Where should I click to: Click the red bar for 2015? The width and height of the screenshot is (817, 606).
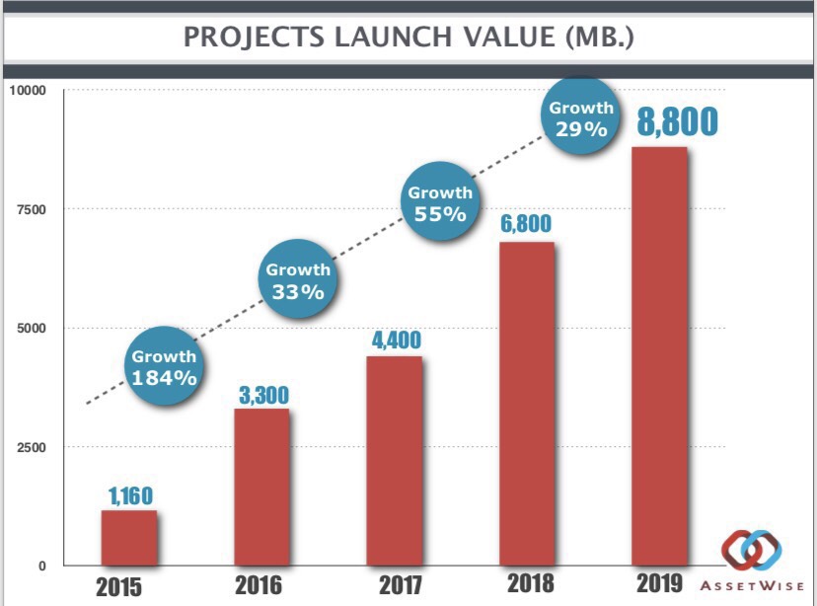point(128,538)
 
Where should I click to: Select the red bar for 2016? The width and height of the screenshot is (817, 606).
point(261,487)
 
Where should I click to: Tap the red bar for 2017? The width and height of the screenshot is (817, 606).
point(395,461)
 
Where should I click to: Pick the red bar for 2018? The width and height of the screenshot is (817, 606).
point(527,404)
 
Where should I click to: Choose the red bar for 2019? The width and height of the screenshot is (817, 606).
point(659,356)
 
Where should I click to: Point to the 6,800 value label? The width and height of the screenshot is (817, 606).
point(526,224)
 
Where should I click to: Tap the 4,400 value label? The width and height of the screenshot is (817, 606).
point(396,340)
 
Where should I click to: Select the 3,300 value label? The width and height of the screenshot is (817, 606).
point(263,394)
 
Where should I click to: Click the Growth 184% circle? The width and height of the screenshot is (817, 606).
point(165,366)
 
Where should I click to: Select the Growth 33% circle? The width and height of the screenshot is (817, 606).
point(298,280)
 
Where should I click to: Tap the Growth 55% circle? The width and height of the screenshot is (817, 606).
point(440,202)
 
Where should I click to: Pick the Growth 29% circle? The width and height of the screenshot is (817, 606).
point(581,117)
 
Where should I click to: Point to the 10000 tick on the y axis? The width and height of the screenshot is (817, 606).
point(29,91)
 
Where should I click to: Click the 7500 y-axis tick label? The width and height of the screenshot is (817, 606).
point(31,209)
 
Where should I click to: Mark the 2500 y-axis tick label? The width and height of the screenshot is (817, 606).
point(31,447)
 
